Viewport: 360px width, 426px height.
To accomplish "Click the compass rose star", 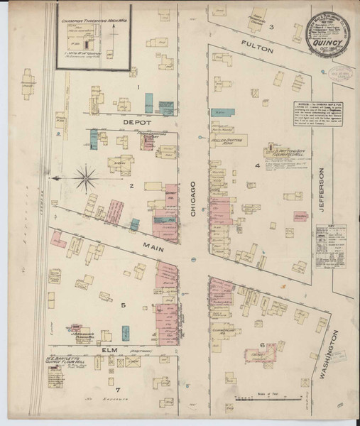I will (87, 178).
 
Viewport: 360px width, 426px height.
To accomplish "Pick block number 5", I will (123, 306).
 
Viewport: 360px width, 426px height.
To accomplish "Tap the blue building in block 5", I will (126, 332).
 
